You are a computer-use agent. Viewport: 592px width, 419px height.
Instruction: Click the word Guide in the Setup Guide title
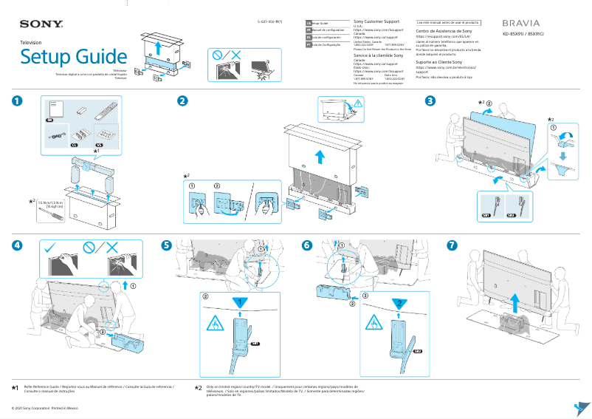pyautogui.click(x=94, y=57)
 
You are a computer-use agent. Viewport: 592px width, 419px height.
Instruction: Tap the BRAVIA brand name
pyautogui.click(x=521, y=23)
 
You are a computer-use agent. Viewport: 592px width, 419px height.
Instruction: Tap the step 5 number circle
pyautogui.click(x=167, y=245)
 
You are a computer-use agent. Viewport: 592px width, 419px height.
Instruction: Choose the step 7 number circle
pyautogui.click(x=452, y=245)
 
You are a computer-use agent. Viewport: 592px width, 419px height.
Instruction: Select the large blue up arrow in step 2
pyautogui.click(x=319, y=157)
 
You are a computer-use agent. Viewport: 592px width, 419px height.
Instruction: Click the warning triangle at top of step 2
pyautogui.click(x=359, y=103)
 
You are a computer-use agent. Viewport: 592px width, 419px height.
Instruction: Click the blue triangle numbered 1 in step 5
pyautogui.click(x=238, y=302)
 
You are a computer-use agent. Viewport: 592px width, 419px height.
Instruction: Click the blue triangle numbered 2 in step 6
pyautogui.click(x=397, y=302)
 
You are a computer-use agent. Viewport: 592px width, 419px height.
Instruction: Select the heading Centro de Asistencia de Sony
pyautogui.click(x=444, y=32)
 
